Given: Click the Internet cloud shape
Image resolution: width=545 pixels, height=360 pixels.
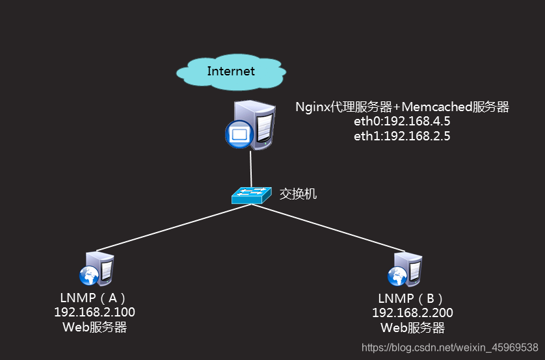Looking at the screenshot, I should point(231,71).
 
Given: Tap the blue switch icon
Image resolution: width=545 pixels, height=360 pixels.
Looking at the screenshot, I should point(251,194).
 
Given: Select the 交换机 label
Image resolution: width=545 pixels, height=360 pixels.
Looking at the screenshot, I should point(299,194).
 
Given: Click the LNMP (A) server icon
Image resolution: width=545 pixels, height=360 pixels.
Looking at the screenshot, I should point(98,268).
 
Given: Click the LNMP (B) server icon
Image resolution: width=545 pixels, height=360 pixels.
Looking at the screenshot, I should point(406,268).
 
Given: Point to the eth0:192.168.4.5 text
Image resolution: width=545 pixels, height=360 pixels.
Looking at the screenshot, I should point(402,122).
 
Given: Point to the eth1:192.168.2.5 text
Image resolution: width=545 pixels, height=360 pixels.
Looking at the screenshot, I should point(402,136).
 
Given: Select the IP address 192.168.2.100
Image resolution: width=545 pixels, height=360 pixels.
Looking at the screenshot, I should point(95,313).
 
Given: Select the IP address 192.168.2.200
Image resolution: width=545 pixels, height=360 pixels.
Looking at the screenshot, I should point(412,313).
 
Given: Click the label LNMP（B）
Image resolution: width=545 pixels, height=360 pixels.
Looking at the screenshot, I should point(412,298).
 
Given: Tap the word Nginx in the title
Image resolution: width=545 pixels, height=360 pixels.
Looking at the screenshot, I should point(312,107).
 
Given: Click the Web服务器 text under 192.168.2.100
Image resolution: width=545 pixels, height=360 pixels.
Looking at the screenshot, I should point(95,328).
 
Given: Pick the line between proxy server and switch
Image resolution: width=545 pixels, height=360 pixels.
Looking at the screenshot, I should point(251,168).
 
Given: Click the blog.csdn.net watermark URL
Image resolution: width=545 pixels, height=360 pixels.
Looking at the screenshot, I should point(449,348).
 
